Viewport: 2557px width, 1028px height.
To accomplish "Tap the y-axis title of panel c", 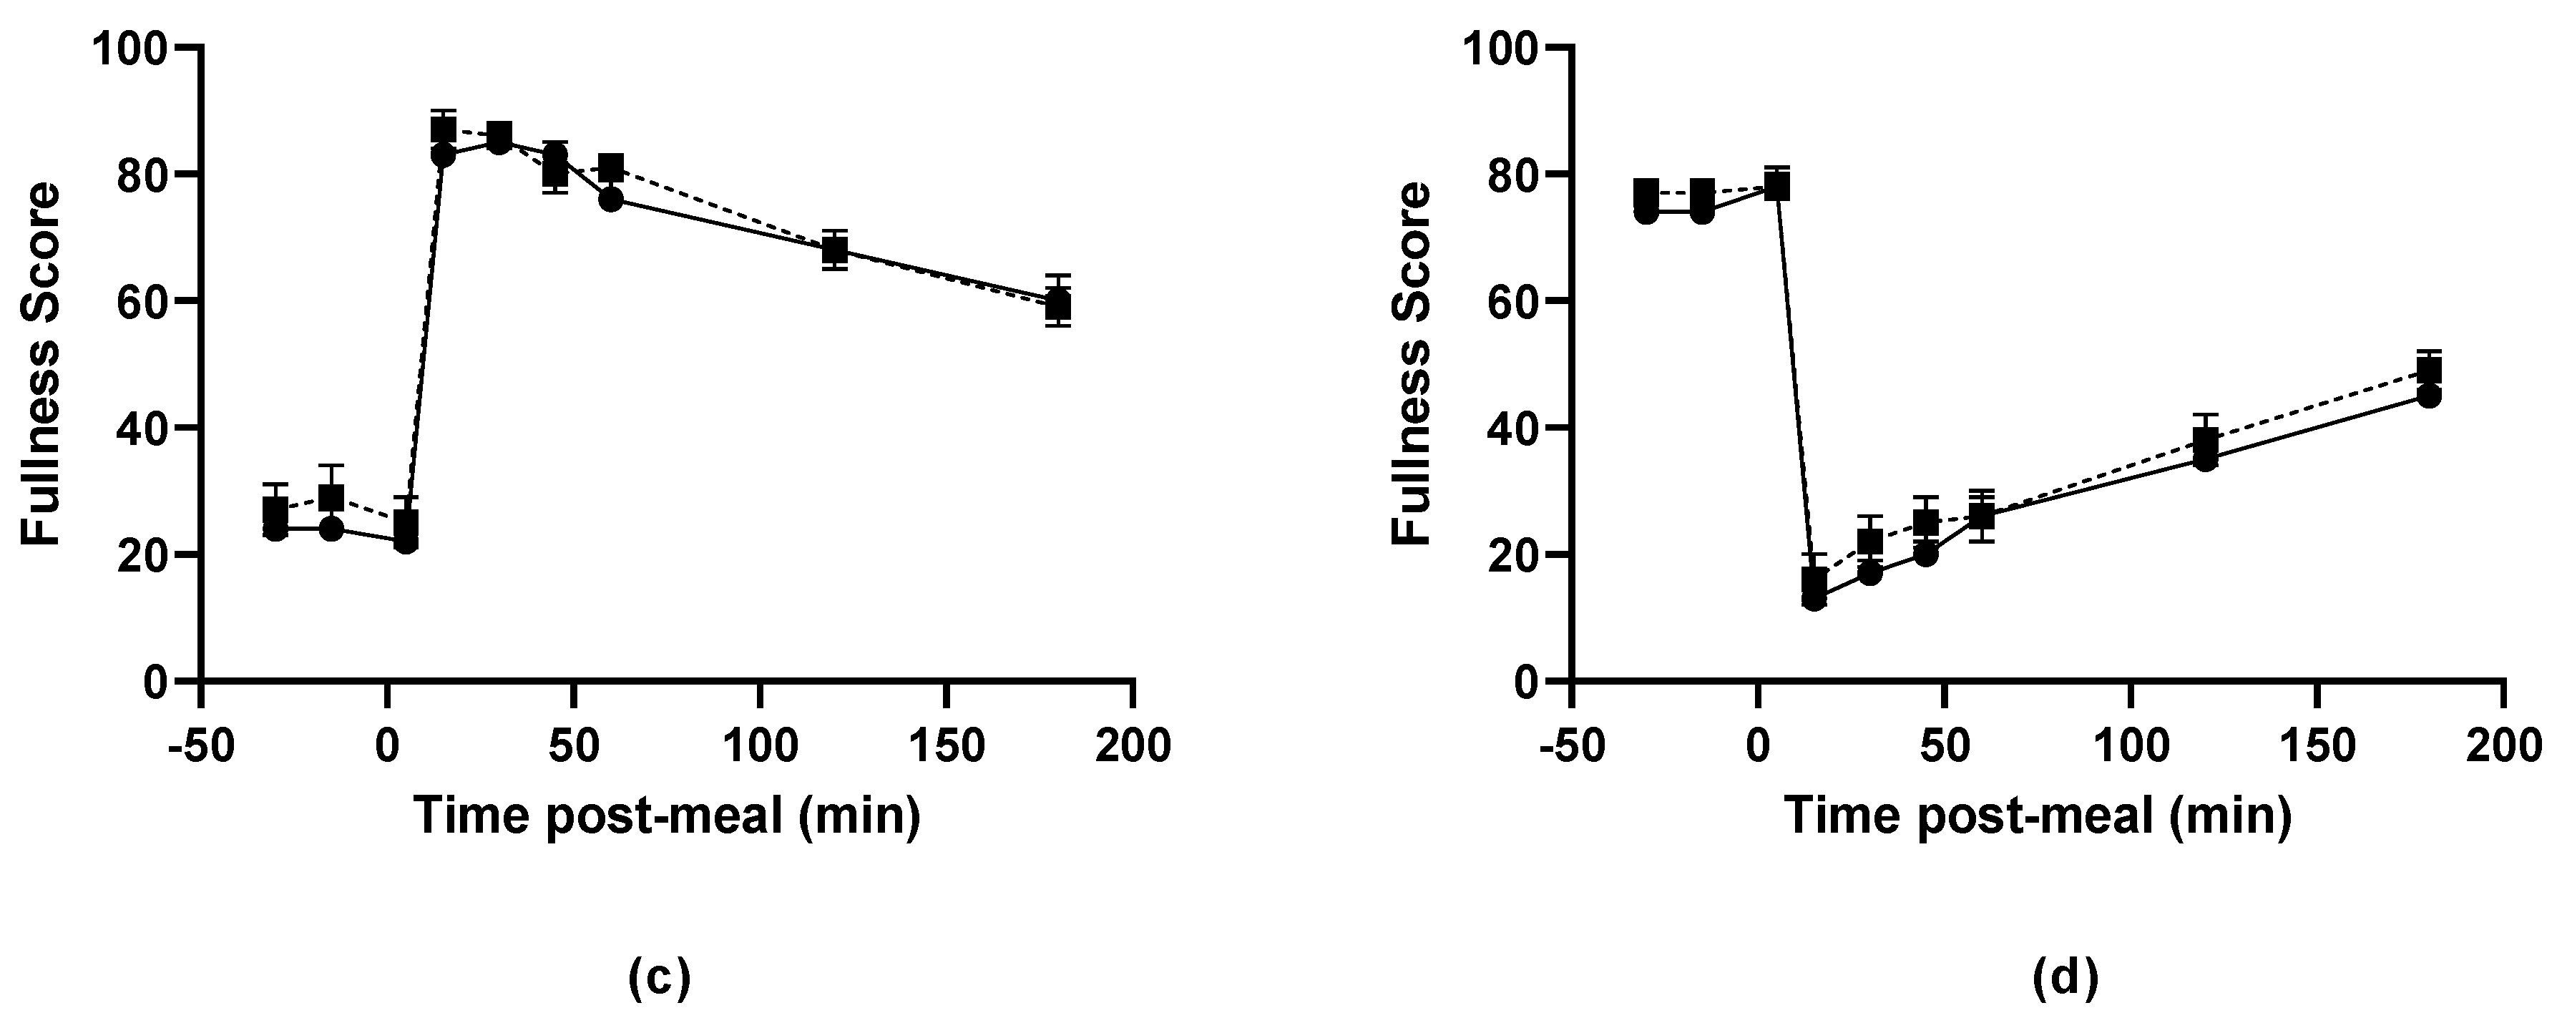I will tap(41, 364).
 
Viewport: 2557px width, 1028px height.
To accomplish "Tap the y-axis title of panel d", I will tap(1412, 364).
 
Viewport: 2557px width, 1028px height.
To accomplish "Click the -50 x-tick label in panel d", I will tap(1570, 745).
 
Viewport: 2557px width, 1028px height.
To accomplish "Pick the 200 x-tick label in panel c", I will tap(1133, 745).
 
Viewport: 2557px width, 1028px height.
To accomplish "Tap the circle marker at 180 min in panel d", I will tap(2428, 396).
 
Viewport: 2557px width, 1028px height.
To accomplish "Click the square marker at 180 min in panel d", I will tap(2428, 370).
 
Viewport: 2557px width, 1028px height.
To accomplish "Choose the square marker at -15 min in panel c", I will tap(331, 496).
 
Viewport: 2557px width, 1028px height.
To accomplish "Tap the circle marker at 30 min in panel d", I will tap(1870, 572).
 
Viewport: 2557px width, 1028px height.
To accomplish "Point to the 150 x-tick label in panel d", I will tap(2317, 745).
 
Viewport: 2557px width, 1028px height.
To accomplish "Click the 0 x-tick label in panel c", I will tap(386, 745).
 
